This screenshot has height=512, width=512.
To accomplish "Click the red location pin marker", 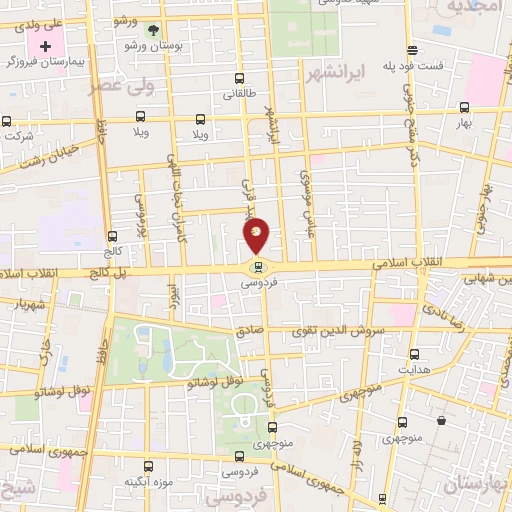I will tap(257, 235).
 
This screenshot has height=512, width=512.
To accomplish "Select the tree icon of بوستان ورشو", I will tap(153, 30).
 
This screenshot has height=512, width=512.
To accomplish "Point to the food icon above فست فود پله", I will tap(412, 50).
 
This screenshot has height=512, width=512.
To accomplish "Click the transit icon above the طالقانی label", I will tap(238, 79).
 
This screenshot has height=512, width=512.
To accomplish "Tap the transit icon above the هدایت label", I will tap(414, 354).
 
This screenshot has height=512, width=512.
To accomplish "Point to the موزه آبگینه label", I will tap(143, 482).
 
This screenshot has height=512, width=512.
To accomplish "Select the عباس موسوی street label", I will tap(306, 186).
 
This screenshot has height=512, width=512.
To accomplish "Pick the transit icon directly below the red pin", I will tap(259, 267).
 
